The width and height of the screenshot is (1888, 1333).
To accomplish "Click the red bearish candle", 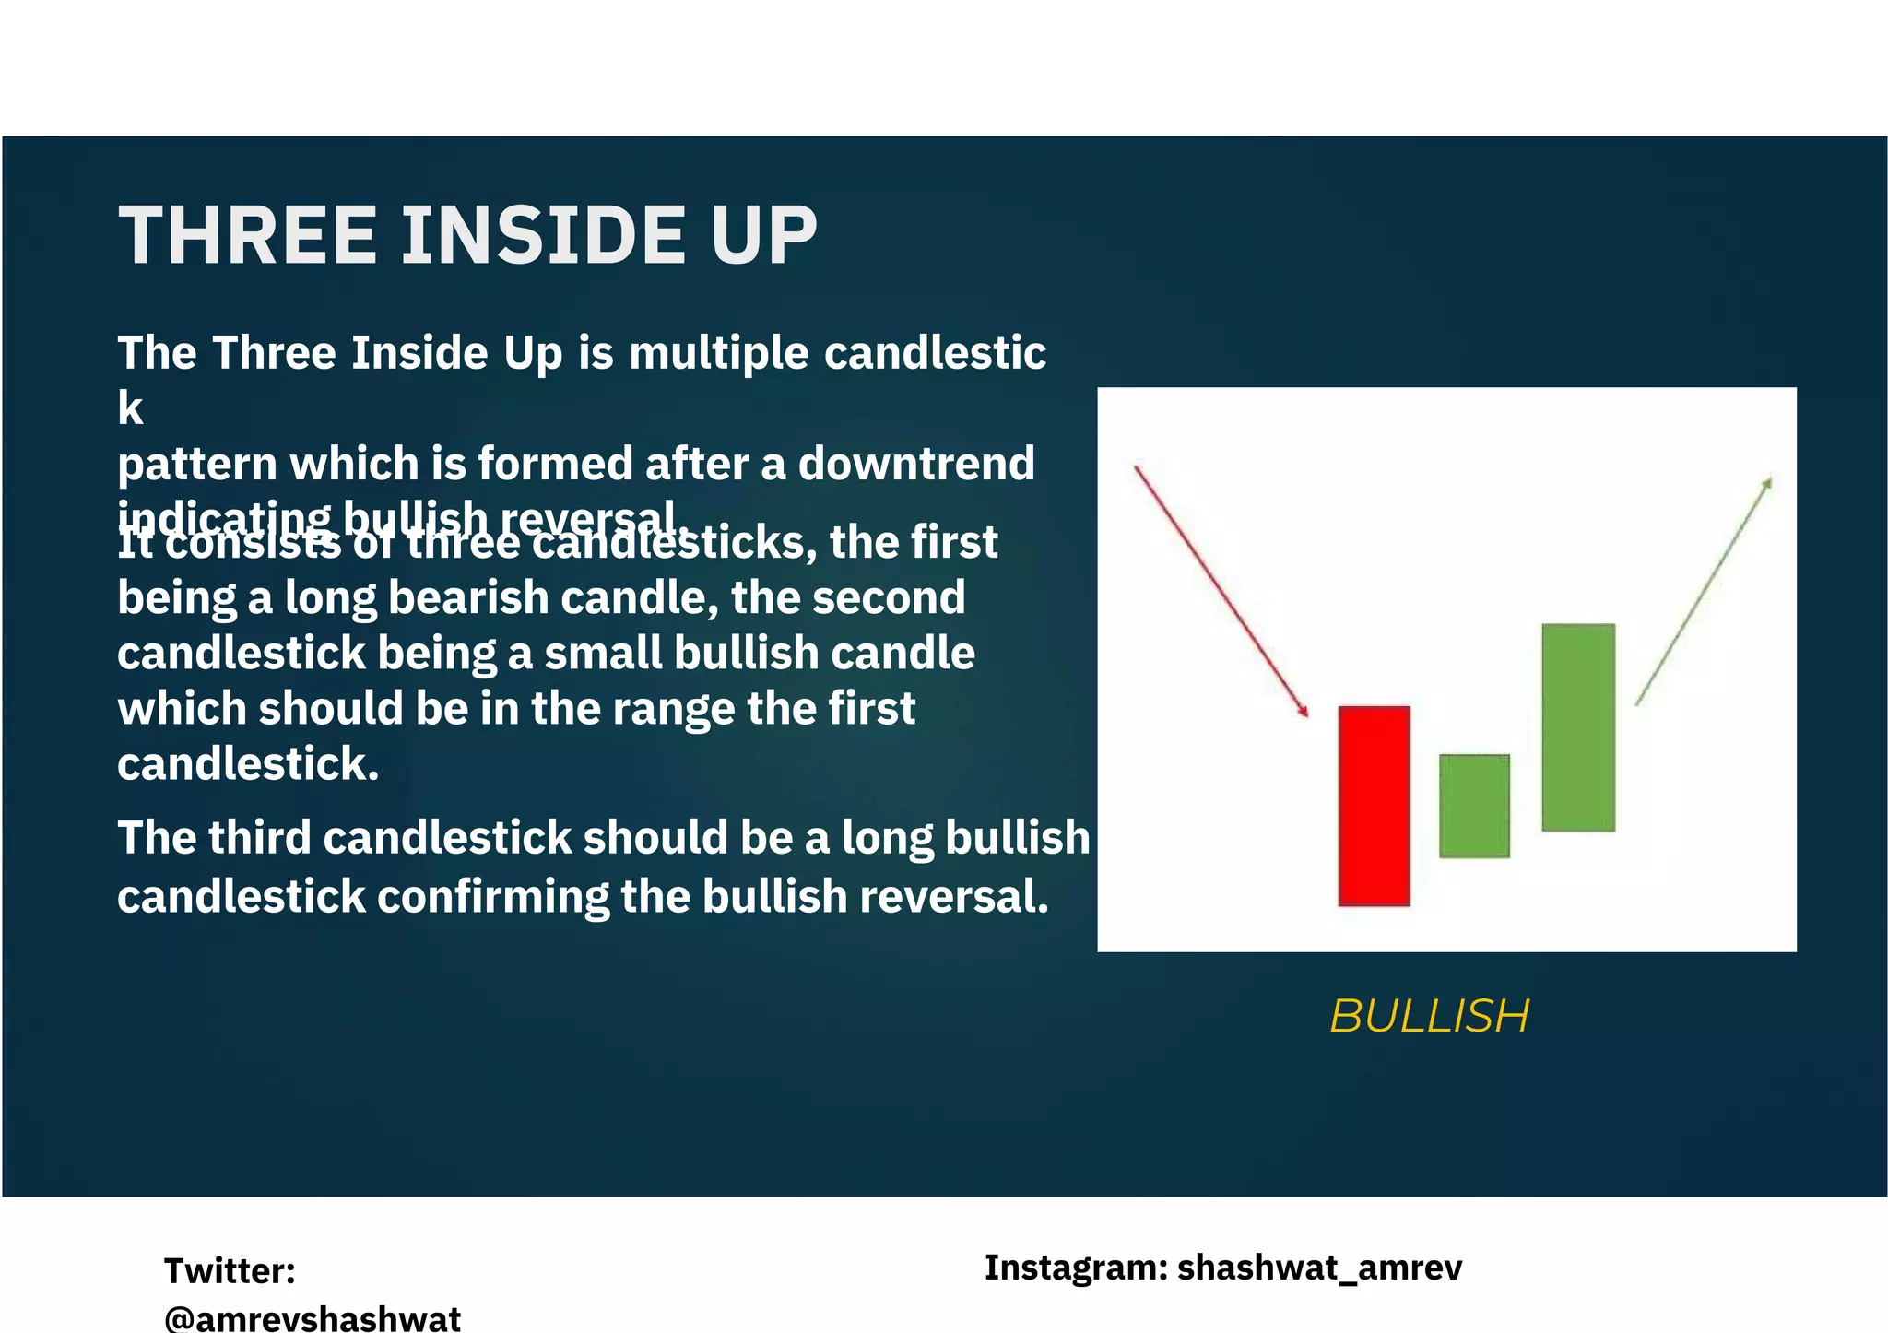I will [x=1374, y=806].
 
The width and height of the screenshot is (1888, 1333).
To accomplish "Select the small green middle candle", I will [x=1474, y=806].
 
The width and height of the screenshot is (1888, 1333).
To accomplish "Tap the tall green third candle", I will [x=1577, y=727].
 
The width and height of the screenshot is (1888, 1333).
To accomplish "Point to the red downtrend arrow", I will [x=1221, y=591].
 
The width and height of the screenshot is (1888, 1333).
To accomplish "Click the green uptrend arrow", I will [x=1704, y=591].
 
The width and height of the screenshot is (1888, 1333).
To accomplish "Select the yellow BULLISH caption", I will [x=1429, y=1016].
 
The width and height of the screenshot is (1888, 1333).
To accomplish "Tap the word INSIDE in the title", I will [x=545, y=235].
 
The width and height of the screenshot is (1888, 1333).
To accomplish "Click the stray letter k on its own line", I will [x=130, y=408].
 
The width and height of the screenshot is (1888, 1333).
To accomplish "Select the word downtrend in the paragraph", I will [x=915, y=463].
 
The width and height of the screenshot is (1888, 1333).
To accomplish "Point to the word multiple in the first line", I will [x=718, y=353].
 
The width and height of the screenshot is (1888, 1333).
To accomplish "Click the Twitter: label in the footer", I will [x=230, y=1270].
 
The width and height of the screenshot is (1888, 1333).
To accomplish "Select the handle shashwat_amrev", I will [x=1319, y=1268].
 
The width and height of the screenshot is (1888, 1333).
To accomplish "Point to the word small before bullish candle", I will [x=603, y=653].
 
